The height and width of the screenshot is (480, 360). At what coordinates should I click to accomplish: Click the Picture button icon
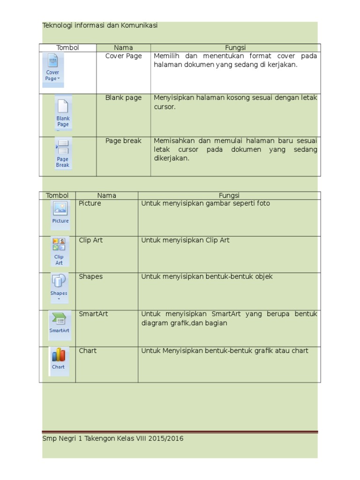click(60, 213)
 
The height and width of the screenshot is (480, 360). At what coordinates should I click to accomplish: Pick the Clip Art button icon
click(59, 251)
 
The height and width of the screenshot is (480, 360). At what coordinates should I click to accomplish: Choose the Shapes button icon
click(59, 287)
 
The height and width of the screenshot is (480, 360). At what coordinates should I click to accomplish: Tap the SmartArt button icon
click(60, 323)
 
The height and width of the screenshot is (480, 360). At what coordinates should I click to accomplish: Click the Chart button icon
click(59, 360)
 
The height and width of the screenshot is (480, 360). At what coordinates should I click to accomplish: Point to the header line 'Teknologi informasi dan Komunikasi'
click(100, 26)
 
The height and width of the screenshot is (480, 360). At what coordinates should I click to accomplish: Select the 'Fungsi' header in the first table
click(235, 48)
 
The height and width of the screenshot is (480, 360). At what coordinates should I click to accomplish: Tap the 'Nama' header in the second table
click(107, 195)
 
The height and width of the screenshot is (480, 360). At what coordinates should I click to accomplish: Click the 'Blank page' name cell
click(123, 98)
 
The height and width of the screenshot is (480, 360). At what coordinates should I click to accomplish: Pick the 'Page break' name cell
click(123, 141)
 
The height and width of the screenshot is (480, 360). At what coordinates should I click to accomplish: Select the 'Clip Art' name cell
click(91, 240)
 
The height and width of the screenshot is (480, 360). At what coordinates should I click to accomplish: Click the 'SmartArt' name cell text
click(93, 314)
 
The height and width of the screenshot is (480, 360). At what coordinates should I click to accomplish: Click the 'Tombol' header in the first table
click(67, 48)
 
